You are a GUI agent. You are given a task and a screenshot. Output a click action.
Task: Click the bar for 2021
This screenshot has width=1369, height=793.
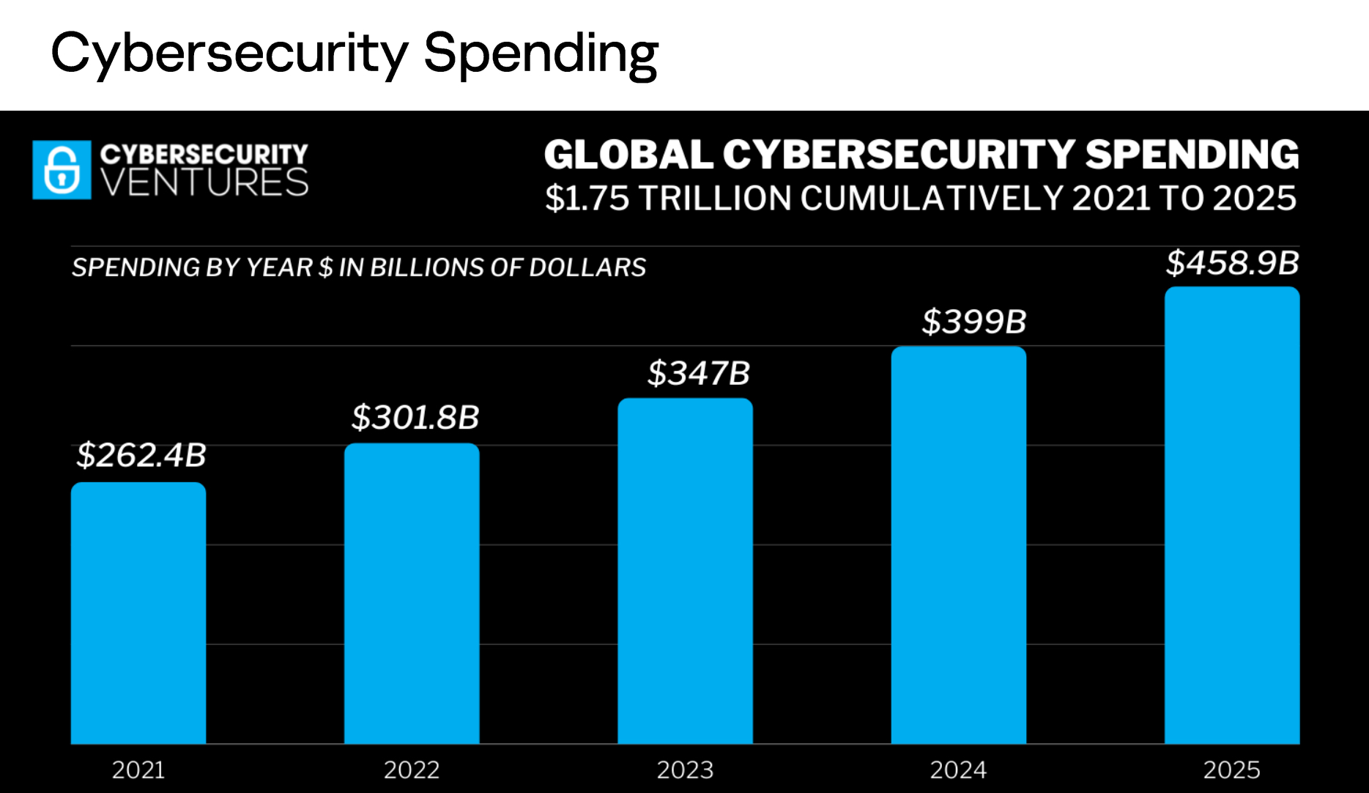tap(138, 613)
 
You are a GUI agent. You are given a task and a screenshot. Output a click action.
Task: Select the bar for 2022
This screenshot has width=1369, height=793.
tap(412, 593)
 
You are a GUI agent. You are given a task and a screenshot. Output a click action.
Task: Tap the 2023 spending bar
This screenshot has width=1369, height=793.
tap(685, 571)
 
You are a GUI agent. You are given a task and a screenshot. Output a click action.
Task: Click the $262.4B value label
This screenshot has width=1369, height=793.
tap(141, 455)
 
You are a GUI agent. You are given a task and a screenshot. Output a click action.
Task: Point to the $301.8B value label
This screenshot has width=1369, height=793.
tap(415, 418)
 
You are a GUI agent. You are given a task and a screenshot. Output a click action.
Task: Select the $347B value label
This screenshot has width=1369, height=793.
tap(699, 373)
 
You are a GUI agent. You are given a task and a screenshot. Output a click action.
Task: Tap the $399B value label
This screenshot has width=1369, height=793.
tap(974, 322)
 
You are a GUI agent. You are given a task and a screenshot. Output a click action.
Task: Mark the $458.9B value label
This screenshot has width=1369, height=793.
tap(1232, 263)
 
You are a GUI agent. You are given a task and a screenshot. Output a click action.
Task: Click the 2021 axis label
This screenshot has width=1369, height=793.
tap(138, 770)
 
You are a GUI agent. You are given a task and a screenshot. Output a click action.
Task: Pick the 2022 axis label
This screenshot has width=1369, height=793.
tap(412, 770)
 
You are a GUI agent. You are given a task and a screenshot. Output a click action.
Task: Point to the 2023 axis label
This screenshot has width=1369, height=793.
tap(685, 770)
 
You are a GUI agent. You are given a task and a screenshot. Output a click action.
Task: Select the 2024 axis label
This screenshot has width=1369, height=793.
tap(958, 770)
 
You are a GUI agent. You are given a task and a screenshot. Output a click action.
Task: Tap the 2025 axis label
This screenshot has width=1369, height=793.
tap(1232, 770)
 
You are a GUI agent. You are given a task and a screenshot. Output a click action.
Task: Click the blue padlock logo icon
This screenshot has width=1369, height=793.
tap(62, 170)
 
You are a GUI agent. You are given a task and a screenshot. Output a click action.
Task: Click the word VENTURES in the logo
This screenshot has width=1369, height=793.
tap(204, 182)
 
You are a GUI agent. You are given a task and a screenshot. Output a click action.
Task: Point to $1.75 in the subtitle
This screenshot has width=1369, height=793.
tap(587, 199)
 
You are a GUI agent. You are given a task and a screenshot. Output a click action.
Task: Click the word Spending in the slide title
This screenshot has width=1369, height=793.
tap(541, 54)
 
